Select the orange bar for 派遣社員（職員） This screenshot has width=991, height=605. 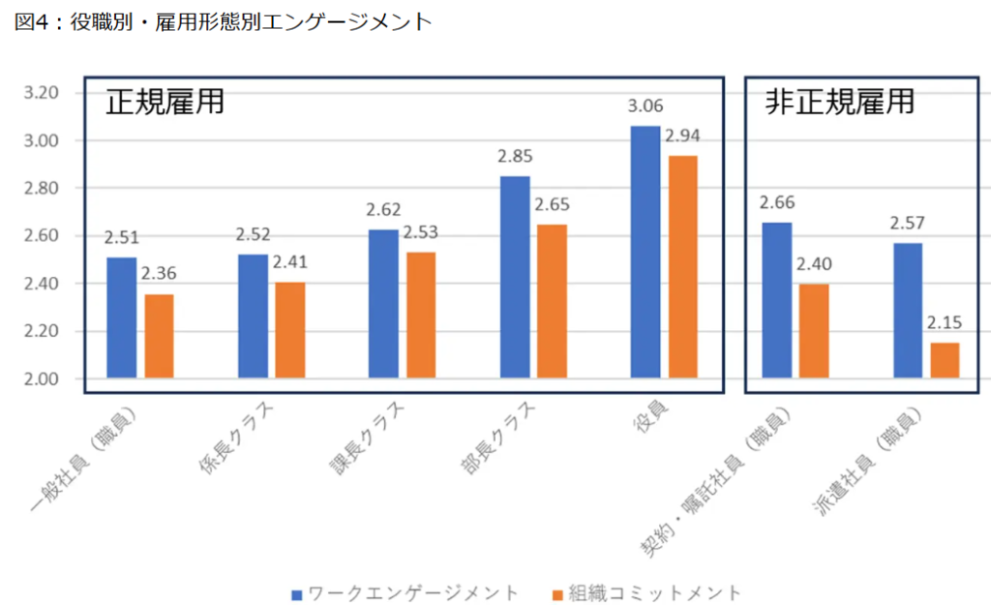click(x=946, y=360)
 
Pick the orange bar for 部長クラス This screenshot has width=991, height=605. click(x=553, y=301)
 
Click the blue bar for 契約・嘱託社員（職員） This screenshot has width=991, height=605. click(x=777, y=300)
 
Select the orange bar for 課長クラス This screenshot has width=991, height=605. click(x=421, y=315)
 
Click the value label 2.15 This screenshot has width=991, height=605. click(x=946, y=323)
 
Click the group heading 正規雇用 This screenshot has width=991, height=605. click(x=165, y=103)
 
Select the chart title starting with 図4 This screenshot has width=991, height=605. click(x=223, y=21)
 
